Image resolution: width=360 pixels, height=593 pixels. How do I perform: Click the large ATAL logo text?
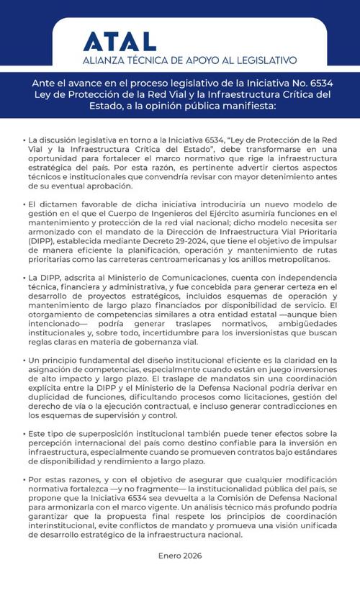coord(120,42)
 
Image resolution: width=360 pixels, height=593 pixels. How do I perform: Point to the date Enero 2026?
coord(180,556)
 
